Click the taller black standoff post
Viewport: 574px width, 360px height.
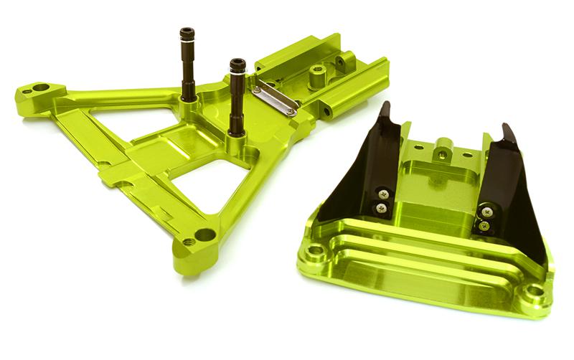click(x=188, y=68)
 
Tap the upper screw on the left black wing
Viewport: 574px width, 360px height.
click(x=385, y=193)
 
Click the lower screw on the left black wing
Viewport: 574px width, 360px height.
click(x=381, y=208)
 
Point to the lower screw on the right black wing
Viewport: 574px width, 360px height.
click(x=485, y=225)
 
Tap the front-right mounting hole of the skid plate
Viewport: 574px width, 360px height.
click(x=534, y=291)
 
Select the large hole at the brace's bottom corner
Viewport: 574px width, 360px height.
click(x=204, y=235)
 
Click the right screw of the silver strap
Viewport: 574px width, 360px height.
click(x=290, y=112)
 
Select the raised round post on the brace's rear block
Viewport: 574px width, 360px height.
click(x=316, y=72)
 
